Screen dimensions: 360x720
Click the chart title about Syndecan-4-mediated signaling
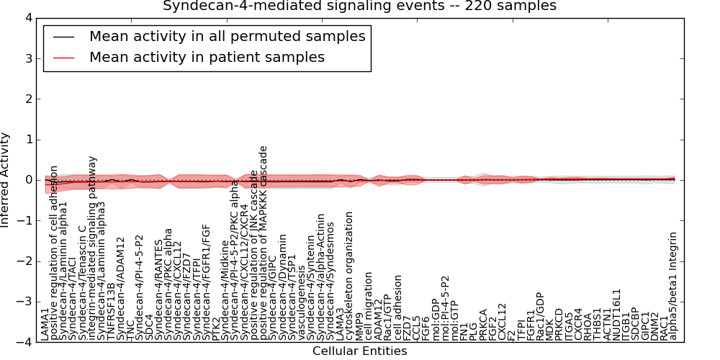point(359,6)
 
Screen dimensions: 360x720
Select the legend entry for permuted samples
point(227,36)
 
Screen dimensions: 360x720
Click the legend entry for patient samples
point(207,57)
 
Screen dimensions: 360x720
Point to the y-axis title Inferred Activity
point(6,180)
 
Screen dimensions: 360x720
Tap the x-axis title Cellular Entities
point(359,351)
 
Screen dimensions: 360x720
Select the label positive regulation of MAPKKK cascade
point(264,242)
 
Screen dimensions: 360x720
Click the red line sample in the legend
point(63,57)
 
